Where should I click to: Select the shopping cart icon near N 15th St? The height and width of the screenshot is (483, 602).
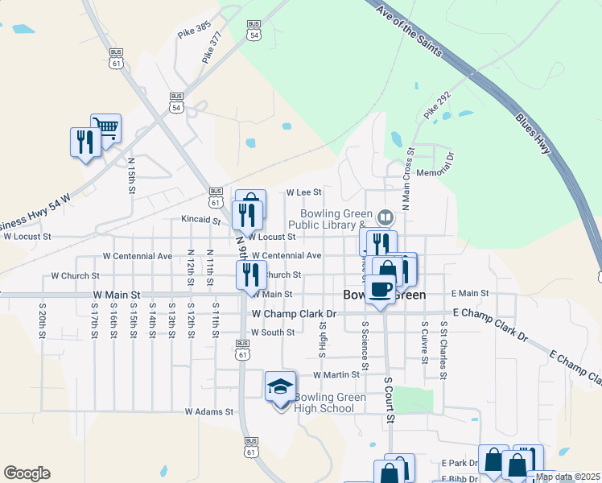(x=106, y=127)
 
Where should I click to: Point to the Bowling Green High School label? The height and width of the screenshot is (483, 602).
(x=324, y=402)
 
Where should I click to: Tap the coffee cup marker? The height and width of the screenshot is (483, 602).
(x=381, y=289)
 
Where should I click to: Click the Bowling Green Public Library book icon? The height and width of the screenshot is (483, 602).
(x=386, y=217)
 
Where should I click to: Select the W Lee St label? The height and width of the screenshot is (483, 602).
(x=304, y=192)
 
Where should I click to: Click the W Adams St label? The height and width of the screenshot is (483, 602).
(x=208, y=411)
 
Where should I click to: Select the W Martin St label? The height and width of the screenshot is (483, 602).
(x=336, y=375)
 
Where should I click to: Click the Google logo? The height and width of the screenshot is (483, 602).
(x=27, y=473)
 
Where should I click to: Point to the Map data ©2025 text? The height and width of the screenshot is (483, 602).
(x=568, y=477)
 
